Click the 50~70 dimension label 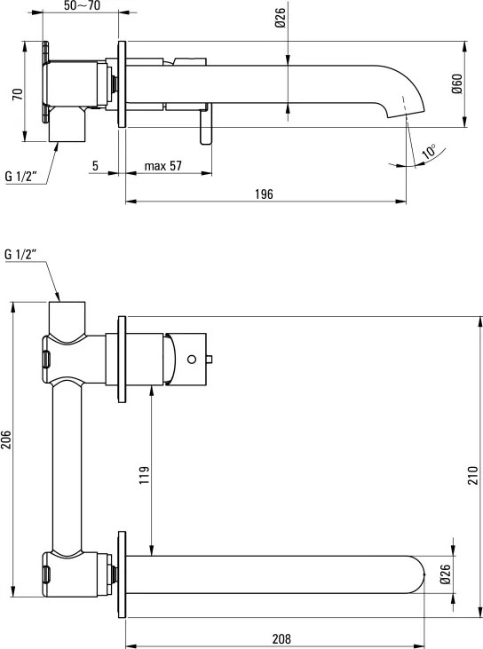point(82,5)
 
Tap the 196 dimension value point(264,194)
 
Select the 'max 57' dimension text point(163,165)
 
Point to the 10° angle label point(429,152)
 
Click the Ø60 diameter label point(457,84)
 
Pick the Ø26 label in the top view point(281,18)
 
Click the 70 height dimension point(18,94)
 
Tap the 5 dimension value point(95,165)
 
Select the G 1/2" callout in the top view point(21,177)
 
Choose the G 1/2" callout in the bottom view point(21,254)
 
